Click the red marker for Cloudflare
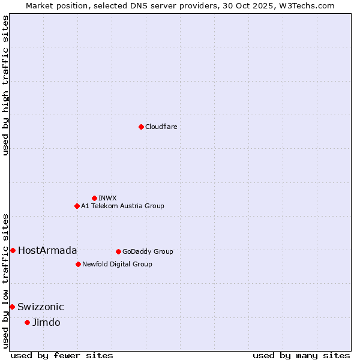pyautogui.click(x=141, y=127)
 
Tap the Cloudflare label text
pyautogui.click(x=161, y=127)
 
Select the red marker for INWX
pyautogui.click(x=94, y=198)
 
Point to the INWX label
pyautogui.click(x=107, y=198)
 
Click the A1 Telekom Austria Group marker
pyautogui.click(x=77, y=206)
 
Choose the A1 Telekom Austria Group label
pyautogui.click(x=122, y=206)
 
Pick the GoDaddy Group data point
pyautogui.click(x=118, y=251)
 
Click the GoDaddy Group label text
pyautogui.click(x=148, y=251)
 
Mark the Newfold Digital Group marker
pyautogui.click(x=78, y=264)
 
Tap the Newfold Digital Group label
pyautogui.click(x=117, y=264)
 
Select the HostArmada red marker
pyautogui.click(x=13, y=250)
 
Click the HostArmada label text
pyautogui.click(x=47, y=250)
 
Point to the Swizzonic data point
pyautogui.click(x=12, y=307)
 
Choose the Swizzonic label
pyautogui.click(x=41, y=307)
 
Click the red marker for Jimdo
pyautogui.click(x=27, y=322)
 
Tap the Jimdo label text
pyautogui.click(x=46, y=322)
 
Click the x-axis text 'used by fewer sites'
pyautogui.click(x=62, y=355)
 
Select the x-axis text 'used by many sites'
pyautogui.click(x=301, y=355)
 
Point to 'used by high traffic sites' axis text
pyautogui.click(x=5, y=85)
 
